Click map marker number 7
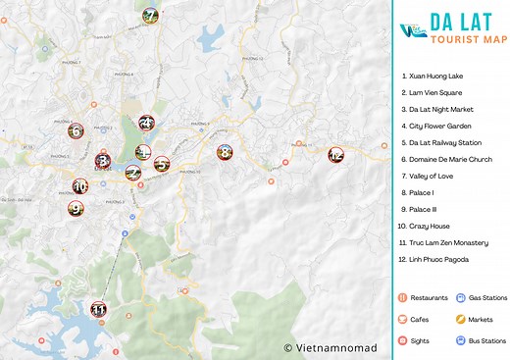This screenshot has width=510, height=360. [x=150, y=16]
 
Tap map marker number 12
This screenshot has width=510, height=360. [x=335, y=155]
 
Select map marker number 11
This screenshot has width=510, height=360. [x=98, y=309]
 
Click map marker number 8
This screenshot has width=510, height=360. [x=225, y=152]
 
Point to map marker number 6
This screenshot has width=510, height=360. [x=75, y=130]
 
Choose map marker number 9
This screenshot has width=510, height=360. [x=76, y=207]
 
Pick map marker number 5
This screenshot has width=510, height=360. [x=162, y=163]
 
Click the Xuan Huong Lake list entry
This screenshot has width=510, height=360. [x=440, y=76]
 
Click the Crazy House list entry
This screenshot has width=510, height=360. [x=430, y=226]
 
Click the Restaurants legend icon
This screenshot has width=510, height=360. [x=402, y=297]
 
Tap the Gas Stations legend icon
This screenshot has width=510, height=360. [x=460, y=297]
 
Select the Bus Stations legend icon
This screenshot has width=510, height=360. [x=460, y=340]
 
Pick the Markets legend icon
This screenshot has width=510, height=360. [x=460, y=319]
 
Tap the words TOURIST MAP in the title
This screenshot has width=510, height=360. [x=461, y=41]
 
